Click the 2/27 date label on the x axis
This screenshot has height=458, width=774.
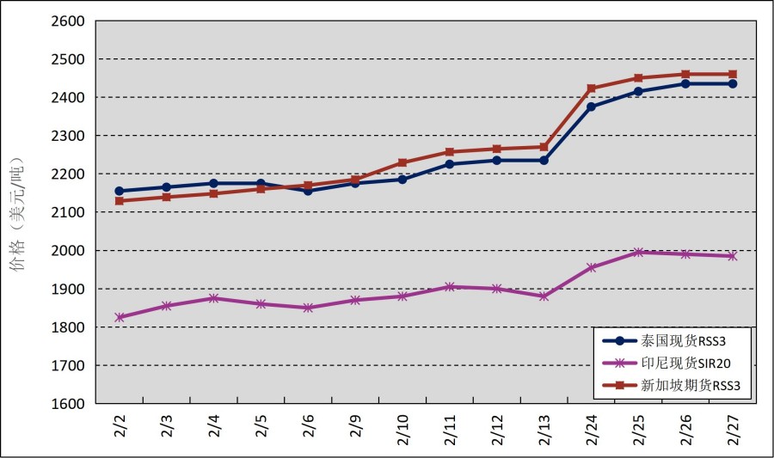click(x=733, y=428)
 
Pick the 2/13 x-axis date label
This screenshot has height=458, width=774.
click(x=544, y=428)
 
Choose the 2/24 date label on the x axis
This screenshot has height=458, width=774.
click(x=592, y=428)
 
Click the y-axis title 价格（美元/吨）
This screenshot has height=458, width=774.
click(x=18, y=213)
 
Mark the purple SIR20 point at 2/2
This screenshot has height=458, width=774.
click(x=120, y=317)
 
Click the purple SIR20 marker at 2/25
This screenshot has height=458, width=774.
click(x=638, y=252)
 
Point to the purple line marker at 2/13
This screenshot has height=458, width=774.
click(x=544, y=296)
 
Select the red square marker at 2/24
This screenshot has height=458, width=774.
click(x=592, y=89)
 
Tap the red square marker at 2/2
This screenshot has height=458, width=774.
click(x=120, y=200)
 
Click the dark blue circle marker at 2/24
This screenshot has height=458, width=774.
click(x=592, y=107)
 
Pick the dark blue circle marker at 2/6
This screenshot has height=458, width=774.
click(x=308, y=190)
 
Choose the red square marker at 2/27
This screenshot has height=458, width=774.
click(x=733, y=74)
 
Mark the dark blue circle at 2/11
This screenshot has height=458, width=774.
click(x=450, y=163)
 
